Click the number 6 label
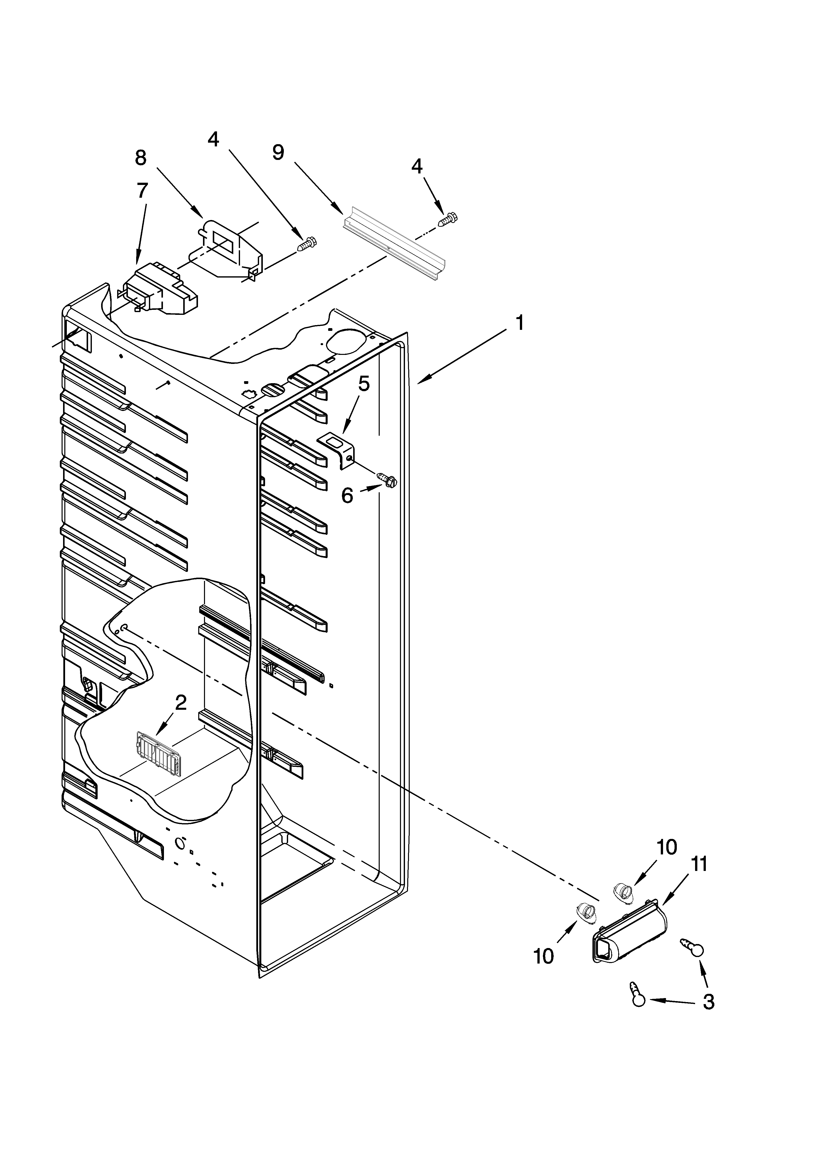click(347, 495)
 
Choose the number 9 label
click(278, 152)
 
